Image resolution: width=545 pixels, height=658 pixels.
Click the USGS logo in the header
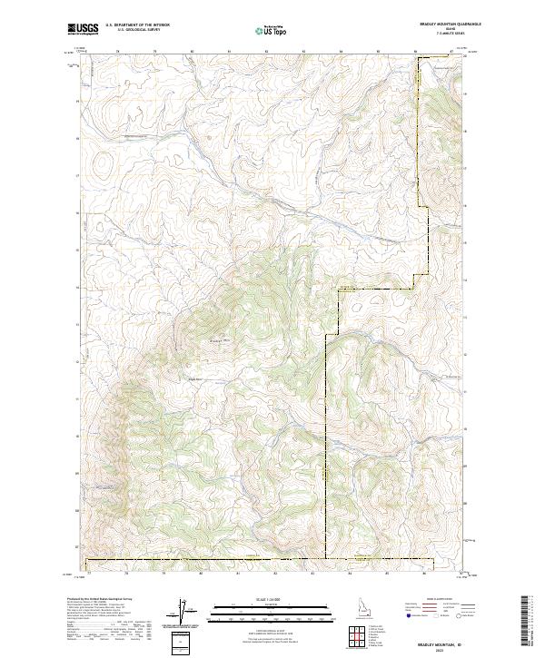click(84, 29)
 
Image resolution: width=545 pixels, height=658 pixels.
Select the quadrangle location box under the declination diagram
click(183, 641)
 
